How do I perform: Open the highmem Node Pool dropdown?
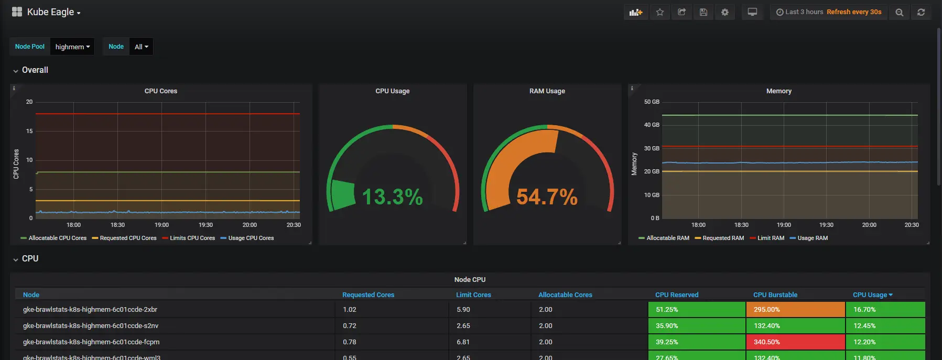coord(72,47)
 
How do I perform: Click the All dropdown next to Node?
coord(141,47)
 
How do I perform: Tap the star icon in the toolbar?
coord(660,12)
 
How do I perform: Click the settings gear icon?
coord(725,12)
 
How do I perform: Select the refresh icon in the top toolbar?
coord(921,12)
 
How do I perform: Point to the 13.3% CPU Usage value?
coord(392,197)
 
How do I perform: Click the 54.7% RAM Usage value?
coord(547,197)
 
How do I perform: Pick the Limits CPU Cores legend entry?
coord(192,238)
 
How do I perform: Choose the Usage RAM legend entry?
coord(812,238)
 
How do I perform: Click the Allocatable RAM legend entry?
coord(667,238)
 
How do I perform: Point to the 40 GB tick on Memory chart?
coord(652,125)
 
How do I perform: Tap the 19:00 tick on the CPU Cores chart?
coord(161,225)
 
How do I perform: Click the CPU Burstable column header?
coord(775,295)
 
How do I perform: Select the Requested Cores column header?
coord(368,295)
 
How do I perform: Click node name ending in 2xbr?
coord(90,309)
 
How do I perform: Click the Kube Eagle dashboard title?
coord(50,12)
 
